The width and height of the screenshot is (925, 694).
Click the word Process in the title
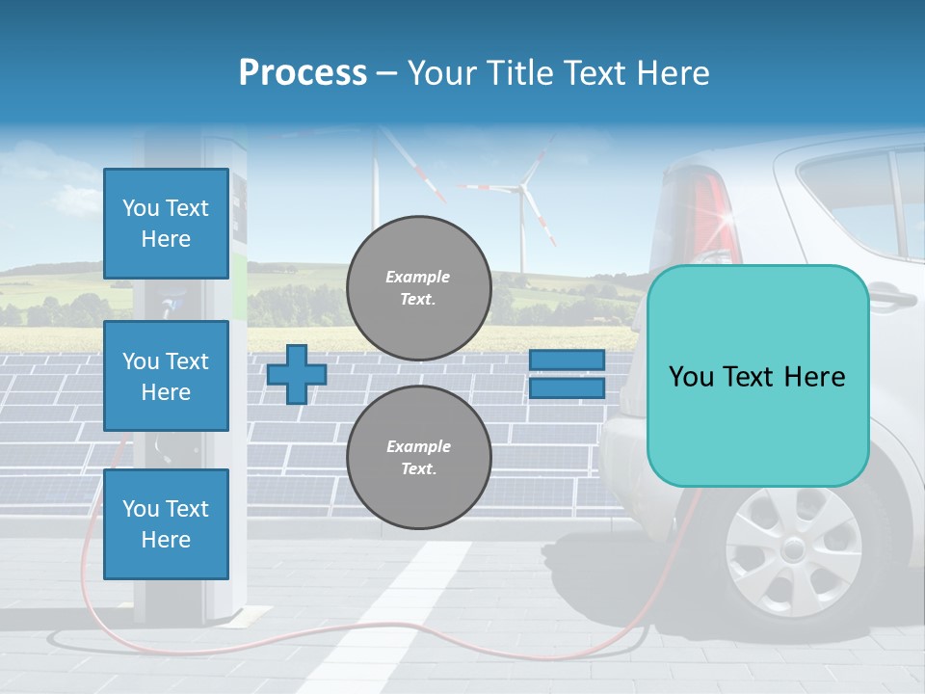coord(303,73)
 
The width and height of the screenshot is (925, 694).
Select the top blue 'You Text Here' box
coord(166,224)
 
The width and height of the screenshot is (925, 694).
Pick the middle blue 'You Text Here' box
coord(166,376)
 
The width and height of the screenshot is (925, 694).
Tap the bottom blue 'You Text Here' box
coord(166,523)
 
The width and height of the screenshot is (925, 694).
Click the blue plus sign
coord(296,374)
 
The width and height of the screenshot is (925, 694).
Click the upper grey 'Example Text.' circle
coord(419,287)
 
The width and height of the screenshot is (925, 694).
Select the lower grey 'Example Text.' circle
coord(419,457)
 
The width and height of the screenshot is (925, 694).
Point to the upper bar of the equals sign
coord(567,360)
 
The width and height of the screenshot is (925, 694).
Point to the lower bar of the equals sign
coord(567,387)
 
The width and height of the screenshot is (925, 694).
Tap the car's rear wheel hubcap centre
coord(793,550)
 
